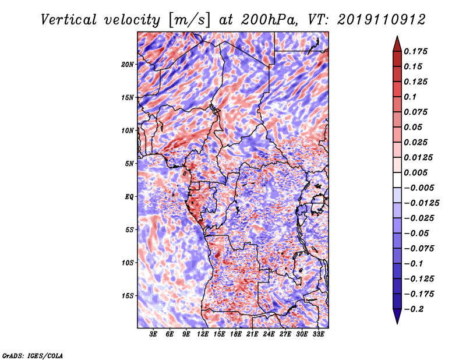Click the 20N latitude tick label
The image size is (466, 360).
(128, 64)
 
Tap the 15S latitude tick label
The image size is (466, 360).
(128, 296)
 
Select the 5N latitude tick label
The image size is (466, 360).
(129, 164)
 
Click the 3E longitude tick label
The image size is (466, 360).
(154, 335)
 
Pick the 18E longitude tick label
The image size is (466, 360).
(236, 335)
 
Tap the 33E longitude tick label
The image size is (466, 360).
(318, 335)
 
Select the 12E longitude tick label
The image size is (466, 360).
(203, 335)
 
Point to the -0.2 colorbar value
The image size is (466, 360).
(414, 309)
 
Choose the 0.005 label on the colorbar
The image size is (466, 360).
(418, 172)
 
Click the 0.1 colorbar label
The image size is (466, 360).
(411, 97)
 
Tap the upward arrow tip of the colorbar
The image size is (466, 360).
(397, 38)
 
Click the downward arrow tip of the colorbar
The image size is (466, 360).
(397, 322)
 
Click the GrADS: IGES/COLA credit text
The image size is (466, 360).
(33, 355)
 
